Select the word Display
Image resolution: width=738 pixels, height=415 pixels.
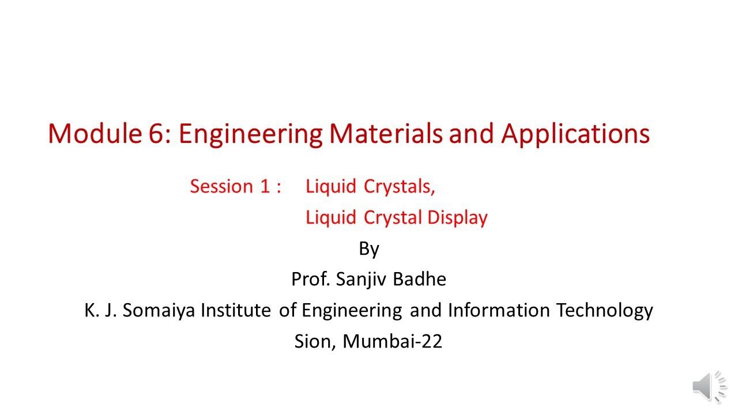(x=458, y=218)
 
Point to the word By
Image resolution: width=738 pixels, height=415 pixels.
(x=369, y=249)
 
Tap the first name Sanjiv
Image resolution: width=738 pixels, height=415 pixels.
(x=362, y=280)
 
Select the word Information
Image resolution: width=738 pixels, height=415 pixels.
(x=499, y=310)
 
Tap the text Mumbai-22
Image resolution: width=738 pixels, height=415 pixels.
(x=393, y=342)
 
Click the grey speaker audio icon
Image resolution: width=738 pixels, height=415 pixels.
(x=709, y=386)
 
